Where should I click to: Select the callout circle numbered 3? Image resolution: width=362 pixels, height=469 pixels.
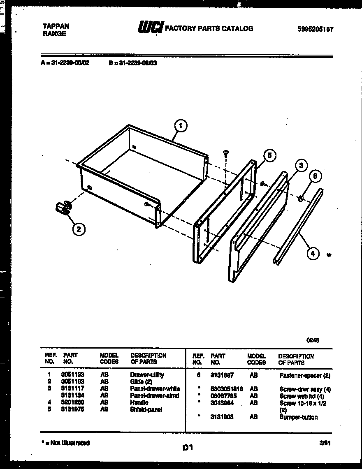coord(301,166)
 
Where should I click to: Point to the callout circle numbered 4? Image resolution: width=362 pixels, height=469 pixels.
coord(313,253)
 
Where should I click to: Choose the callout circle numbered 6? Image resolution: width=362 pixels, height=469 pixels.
coord(315,176)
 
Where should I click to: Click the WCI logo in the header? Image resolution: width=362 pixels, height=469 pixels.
coord(150,28)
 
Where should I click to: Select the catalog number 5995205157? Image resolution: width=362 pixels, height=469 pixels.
coord(315,29)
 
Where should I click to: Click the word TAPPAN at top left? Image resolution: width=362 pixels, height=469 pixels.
coord(56,26)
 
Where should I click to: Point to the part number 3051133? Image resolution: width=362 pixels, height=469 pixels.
coord(72,375)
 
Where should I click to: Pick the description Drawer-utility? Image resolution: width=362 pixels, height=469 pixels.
coord(147,375)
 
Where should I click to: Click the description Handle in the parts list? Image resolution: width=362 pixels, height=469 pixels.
coord(139,402)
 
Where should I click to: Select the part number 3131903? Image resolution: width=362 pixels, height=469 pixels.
coord(222,417)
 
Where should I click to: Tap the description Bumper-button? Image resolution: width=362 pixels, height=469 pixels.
coord(299,417)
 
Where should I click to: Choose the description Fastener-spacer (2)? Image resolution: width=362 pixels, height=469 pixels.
coord(305,375)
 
